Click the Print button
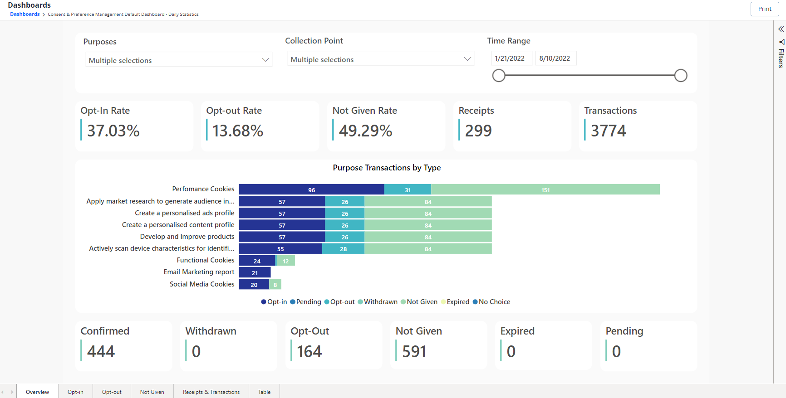pyautogui.click(x=764, y=9)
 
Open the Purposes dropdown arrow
pyautogui.click(x=265, y=60)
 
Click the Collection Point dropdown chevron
pyautogui.click(x=467, y=59)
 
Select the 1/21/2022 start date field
pyautogui.click(x=510, y=58)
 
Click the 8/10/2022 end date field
pyautogui.click(x=555, y=58)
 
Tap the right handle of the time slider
pyautogui.click(x=680, y=76)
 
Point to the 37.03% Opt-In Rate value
pyautogui.click(x=113, y=131)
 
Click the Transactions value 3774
pyautogui.click(x=608, y=131)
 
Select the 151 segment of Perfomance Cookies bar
pyautogui.click(x=545, y=190)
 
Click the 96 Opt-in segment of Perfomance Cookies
pyautogui.click(x=311, y=190)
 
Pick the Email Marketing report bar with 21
pyautogui.click(x=255, y=272)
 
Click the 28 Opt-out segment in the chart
pyautogui.click(x=343, y=249)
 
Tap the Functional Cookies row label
pyautogui.click(x=206, y=260)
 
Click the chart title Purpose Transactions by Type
pyautogui.click(x=387, y=168)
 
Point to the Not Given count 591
pyautogui.click(x=414, y=352)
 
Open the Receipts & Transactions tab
pyautogui.click(x=211, y=392)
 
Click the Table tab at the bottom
pyautogui.click(x=264, y=392)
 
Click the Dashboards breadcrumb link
pyautogui.click(x=25, y=15)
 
